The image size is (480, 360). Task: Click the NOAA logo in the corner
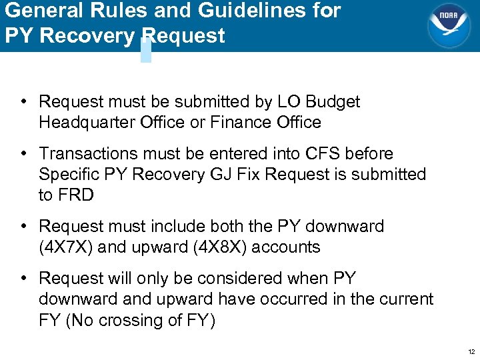(448, 25)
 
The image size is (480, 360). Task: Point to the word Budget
(333, 102)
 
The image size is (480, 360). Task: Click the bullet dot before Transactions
(23, 153)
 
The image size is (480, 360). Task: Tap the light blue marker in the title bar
(146, 50)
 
